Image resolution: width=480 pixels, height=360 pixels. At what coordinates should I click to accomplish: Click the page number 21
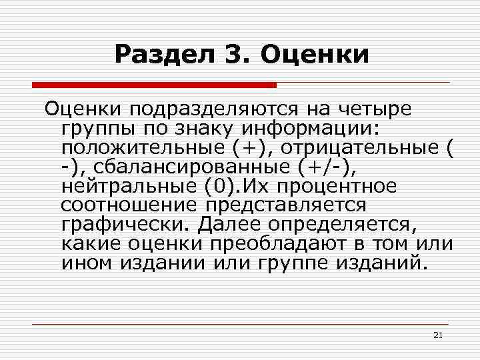point(437,335)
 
